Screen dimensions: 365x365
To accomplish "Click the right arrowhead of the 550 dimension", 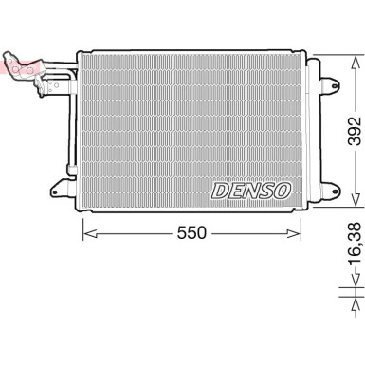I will coord(310,230).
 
